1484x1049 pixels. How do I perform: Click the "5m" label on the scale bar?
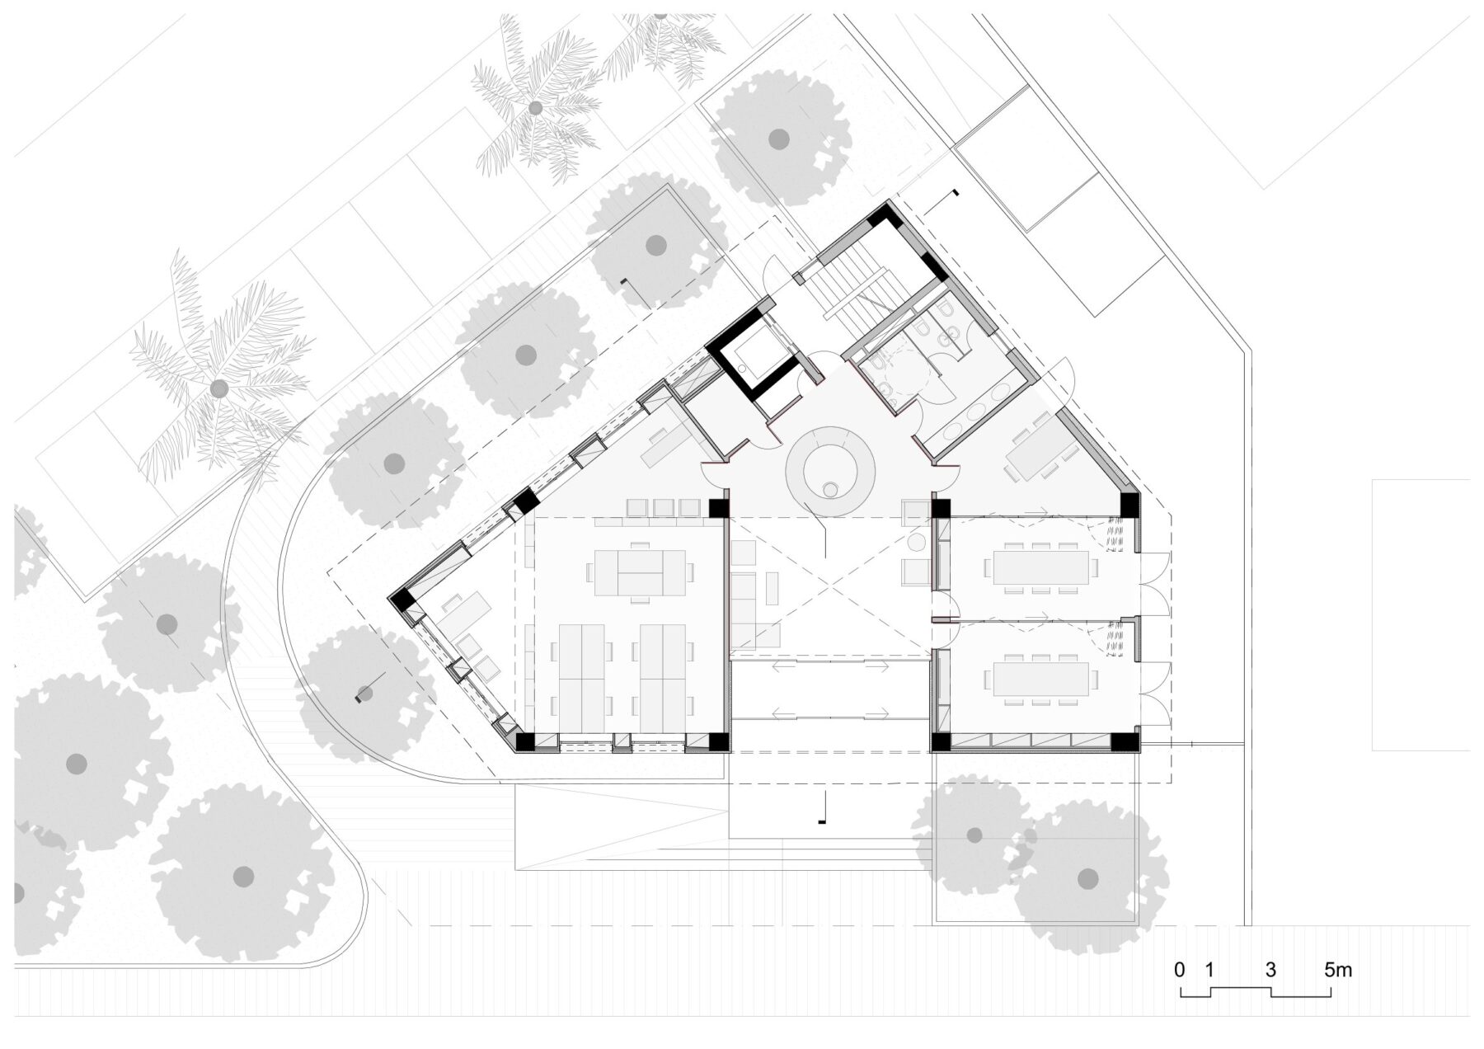[x=1338, y=970]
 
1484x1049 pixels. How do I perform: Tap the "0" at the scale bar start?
[x=1180, y=970]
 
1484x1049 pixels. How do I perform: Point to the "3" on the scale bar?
[x=1270, y=970]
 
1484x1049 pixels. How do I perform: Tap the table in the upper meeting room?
[x=1041, y=566]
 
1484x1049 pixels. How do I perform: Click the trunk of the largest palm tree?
[x=218, y=388]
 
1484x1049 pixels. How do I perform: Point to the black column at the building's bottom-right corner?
[x=1123, y=741]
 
